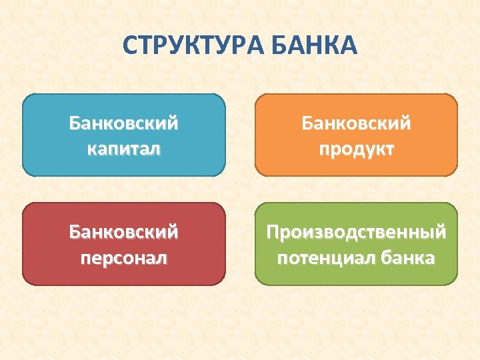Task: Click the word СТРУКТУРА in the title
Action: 194,46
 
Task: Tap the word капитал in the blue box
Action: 123,148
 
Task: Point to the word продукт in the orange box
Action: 356,148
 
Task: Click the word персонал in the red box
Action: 123,257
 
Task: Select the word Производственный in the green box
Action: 356,233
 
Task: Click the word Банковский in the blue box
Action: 123,123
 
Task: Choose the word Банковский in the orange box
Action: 356,123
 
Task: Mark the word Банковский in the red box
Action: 123,233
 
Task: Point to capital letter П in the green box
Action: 273,233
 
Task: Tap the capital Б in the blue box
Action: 74,123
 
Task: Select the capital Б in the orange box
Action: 307,123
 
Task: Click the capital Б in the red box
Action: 74,233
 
